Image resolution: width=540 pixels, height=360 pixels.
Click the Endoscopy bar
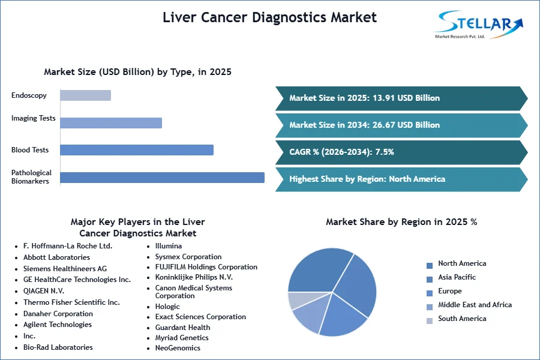[85, 95]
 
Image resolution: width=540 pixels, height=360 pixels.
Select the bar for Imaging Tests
[111, 123]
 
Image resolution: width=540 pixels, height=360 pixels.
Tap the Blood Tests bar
[137, 150]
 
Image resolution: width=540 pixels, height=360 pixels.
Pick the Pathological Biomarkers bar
[162, 178]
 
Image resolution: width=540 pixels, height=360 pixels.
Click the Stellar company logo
[479, 25]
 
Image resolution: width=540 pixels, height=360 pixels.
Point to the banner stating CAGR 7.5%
[401, 152]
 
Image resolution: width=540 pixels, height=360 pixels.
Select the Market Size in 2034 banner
[401, 125]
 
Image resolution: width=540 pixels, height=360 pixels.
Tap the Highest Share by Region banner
[401, 179]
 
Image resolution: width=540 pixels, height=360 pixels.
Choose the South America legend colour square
[430, 321]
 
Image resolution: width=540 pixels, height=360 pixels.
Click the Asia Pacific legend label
[457, 277]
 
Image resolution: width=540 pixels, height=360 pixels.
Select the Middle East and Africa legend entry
[469, 305]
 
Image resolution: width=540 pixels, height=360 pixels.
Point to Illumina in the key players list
[169, 246]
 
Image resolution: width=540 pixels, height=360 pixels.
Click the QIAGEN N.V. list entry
[44, 291]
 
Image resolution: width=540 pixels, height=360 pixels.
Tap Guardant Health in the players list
[182, 328]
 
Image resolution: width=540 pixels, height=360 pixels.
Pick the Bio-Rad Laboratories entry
[58, 347]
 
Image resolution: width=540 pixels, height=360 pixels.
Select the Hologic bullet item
[167, 307]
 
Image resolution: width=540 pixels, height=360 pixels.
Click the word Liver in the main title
[179, 17]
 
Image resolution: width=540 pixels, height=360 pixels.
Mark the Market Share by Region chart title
[401, 222]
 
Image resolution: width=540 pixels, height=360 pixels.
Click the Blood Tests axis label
[30, 150]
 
